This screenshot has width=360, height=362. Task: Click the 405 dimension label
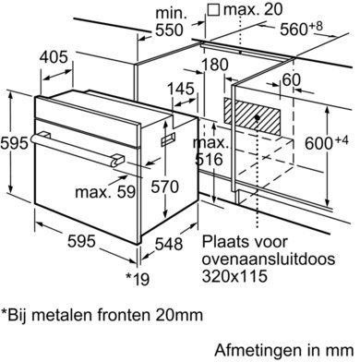click(x=54, y=57)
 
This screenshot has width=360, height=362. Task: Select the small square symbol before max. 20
click(x=213, y=10)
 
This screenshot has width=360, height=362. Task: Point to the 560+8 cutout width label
click(x=301, y=29)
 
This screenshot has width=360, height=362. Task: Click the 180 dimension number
click(x=215, y=65)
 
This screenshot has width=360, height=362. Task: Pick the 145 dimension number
click(x=181, y=89)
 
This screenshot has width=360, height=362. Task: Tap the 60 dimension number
click(x=291, y=80)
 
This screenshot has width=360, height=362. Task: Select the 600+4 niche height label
click(x=327, y=142)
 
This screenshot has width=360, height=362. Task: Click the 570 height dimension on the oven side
click(x=164, y=187)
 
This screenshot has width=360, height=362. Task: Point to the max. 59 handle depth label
click(x=105, y=191)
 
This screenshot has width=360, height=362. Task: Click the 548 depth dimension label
click(x=169, y=244)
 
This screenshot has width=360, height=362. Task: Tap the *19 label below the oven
click(x=138, y=279)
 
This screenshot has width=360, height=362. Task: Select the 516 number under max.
click(x=209, y=159)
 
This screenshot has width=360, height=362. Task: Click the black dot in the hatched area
click(x=258, y=117)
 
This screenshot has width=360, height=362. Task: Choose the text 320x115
click(x=234, y=276)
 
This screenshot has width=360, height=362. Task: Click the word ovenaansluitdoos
click(x=269, y=259)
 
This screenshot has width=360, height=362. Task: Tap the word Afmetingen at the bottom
click(x=258, y=350)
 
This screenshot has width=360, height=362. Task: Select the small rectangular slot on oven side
click(x=168, y=139)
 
